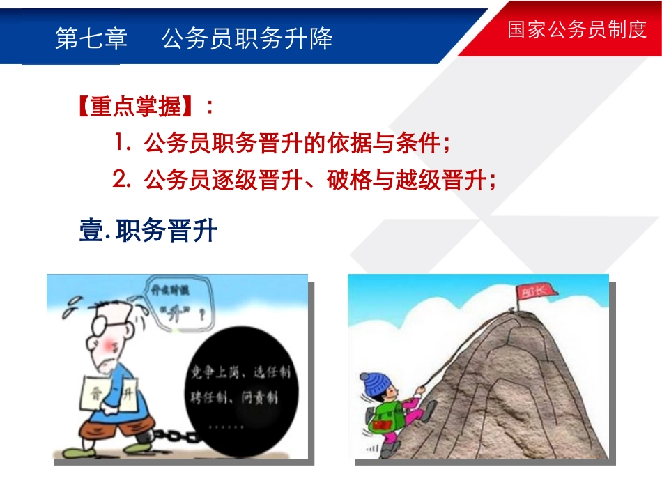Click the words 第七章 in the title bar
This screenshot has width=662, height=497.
point(91,38)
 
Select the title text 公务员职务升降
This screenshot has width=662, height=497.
point(247,38)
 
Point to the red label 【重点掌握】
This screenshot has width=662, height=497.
point(137,108)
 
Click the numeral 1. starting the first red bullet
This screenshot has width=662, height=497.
point(123,144)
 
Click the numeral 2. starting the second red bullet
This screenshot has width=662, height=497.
point(123,181)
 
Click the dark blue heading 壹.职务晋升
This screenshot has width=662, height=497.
point(148,231)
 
